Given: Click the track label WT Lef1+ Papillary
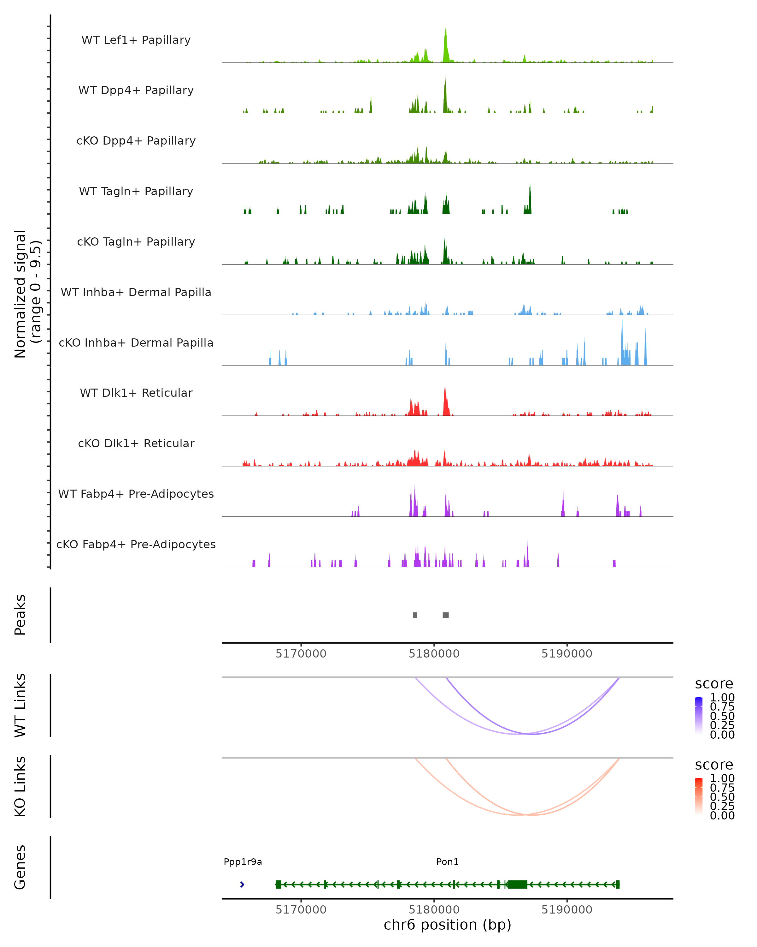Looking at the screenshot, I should pos(136,40).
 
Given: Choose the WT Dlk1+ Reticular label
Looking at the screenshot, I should pos(136,393).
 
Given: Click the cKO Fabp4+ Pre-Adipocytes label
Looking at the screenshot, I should pos(136,544).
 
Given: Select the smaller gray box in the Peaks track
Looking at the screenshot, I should pos(415,615).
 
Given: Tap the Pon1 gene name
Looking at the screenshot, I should pos(447,862).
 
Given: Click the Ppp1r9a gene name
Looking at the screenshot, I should pos(243,862).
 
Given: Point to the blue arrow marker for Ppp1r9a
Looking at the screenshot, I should pos(242,884).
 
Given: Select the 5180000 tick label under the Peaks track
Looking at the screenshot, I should pos(434,654).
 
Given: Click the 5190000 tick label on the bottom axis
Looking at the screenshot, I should pos(567,910).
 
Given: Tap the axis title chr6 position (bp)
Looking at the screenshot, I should pos(447,925).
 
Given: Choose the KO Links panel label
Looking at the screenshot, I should pos(20,786).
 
